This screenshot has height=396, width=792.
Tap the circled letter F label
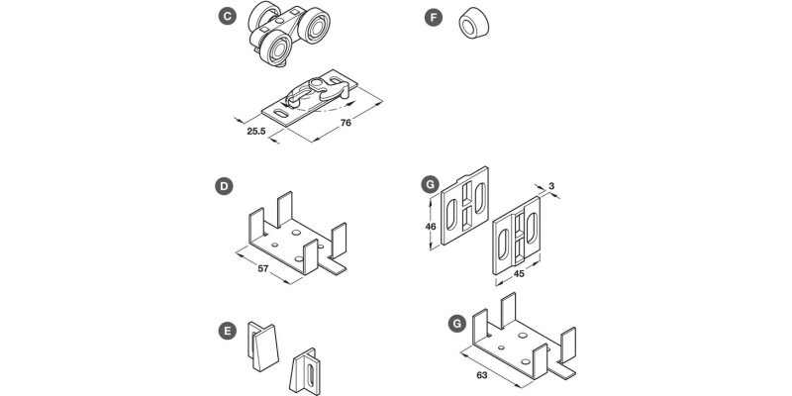coord(433,17)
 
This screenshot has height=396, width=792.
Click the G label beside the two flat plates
coord(430,185)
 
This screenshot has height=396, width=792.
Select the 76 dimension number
coord(346,124)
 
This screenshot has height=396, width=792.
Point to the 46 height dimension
coord(431,226)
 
